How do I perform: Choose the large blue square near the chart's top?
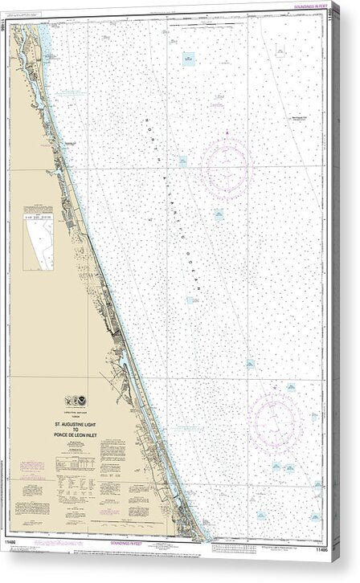188,59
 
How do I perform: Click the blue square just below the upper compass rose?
218,214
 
